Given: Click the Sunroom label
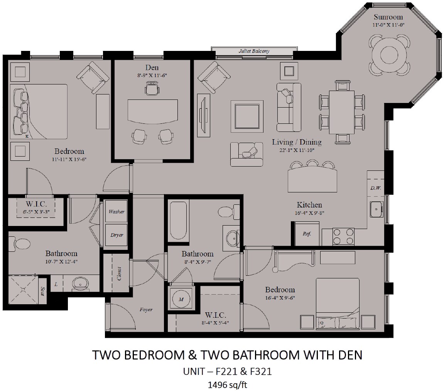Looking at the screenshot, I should point(388,17).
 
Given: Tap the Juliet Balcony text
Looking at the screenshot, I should point(253,51).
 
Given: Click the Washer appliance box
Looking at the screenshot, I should point(116,212).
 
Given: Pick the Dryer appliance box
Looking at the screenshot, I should point(116,235).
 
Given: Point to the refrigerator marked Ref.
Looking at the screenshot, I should point(307,234).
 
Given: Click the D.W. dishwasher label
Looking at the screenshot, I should point(375,188).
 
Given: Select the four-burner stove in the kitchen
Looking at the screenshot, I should point(343,236).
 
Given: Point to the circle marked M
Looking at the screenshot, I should point(180,298).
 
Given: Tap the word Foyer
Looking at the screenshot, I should point(146,310).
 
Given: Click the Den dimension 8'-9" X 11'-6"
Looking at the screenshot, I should point(152,76).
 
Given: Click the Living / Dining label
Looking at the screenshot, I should point(297,142).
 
